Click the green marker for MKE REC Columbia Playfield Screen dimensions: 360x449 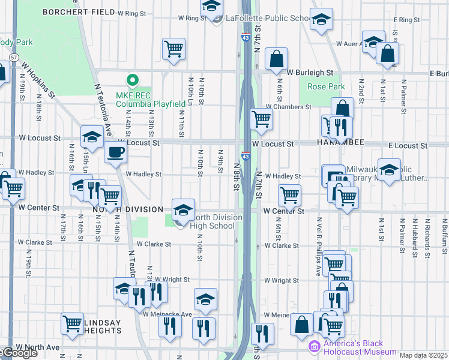pos(132,80)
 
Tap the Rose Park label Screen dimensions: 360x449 pos(326,87)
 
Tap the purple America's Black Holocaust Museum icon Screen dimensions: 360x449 pos(314,346)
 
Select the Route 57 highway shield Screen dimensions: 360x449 pos(13,57)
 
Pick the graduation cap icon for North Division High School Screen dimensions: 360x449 pos(183,210)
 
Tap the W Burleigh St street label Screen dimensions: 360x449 pos(310,73)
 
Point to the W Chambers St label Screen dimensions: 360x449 pos(288,106)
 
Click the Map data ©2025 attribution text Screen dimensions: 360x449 pos(423,355)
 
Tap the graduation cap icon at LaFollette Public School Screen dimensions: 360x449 pos(211,7)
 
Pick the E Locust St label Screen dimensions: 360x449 pos(408,146)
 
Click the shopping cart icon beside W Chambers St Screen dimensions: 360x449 pos(261,119)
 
